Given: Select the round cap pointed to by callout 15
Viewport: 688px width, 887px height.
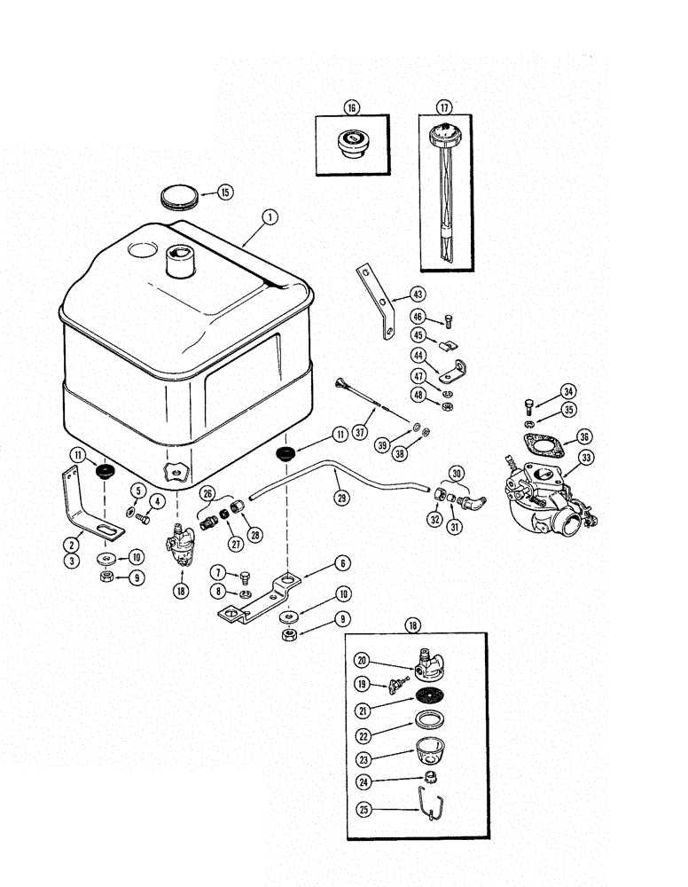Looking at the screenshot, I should tap(182, 196).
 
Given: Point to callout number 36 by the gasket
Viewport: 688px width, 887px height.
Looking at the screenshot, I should tap(582, 436).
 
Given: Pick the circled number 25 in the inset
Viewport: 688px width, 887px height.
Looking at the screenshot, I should tap(363, 809).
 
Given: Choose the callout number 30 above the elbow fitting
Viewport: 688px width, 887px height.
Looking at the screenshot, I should tap(457, 474).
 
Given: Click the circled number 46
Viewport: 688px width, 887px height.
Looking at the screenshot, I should tap(418, 317).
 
